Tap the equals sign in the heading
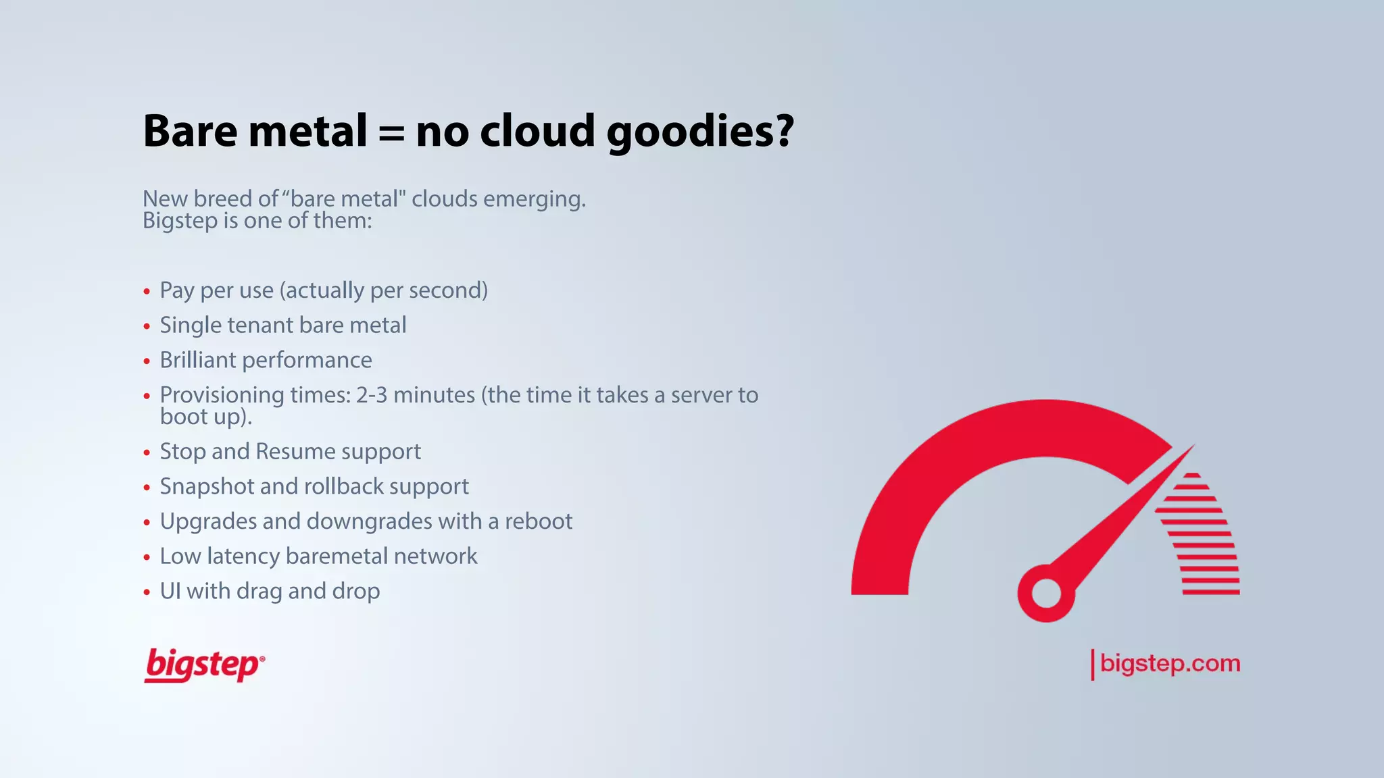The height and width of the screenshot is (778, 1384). pos(391,133)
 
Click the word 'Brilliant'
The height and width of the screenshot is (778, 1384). pos(197,361)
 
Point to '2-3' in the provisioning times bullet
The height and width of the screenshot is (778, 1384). pos(372,395)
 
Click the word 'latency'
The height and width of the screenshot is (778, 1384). pos(243,556)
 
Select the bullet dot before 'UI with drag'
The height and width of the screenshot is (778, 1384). pos(147,593)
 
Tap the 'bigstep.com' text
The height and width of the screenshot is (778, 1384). pos(1170,663)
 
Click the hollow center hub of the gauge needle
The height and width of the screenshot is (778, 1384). pos(1046,594)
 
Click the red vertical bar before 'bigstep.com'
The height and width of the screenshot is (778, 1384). pos(1092,665)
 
